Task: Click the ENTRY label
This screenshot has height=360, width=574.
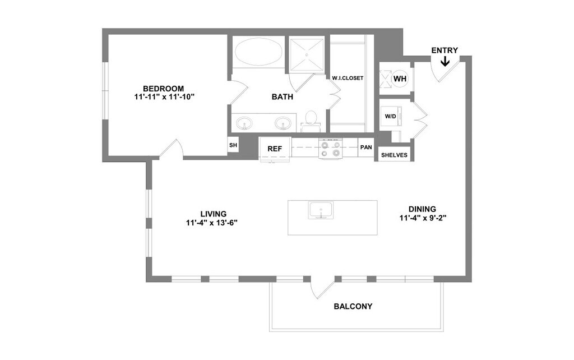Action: pos(445,50)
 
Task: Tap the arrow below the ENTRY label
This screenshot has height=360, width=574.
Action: pos(445,61)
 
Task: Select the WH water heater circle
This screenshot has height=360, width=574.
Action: pos(400,79)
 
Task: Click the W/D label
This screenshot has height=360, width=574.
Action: pos(390,116)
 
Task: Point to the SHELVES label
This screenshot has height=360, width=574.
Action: pos(394,155)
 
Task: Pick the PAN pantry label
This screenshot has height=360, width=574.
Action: pos(366,147)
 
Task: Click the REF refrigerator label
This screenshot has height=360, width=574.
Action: pos(274,149)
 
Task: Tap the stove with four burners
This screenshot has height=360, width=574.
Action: pos(330,149)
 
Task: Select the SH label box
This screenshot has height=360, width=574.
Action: pos(233,145)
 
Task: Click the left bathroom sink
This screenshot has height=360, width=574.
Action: pos(244,122)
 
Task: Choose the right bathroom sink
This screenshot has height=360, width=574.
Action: pos(284,122)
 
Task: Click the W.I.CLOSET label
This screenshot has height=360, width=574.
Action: pos(348,78)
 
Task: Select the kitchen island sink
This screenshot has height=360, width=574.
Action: pos(320,210)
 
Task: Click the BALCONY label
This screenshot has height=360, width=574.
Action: pos(353,306)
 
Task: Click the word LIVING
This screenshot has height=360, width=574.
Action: pos(213,214)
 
